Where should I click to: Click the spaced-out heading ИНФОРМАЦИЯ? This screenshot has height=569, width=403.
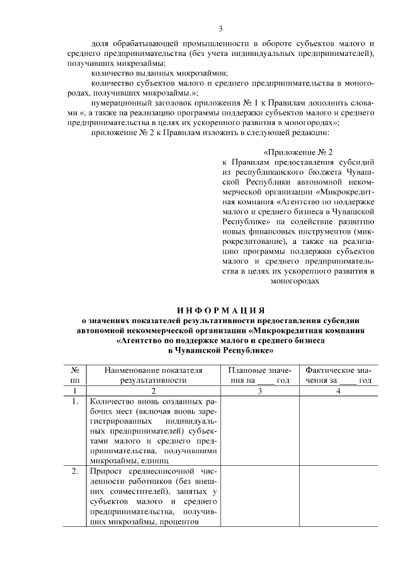220,309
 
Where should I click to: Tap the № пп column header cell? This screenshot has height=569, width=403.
75,375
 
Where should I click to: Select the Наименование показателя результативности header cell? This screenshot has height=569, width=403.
154,375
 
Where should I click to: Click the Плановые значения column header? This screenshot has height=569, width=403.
259,375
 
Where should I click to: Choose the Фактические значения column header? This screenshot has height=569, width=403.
338,375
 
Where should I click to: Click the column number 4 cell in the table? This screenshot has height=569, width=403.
338,390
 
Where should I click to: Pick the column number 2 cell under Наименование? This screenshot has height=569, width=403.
154,390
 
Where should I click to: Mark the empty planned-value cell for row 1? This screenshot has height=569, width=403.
259,431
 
